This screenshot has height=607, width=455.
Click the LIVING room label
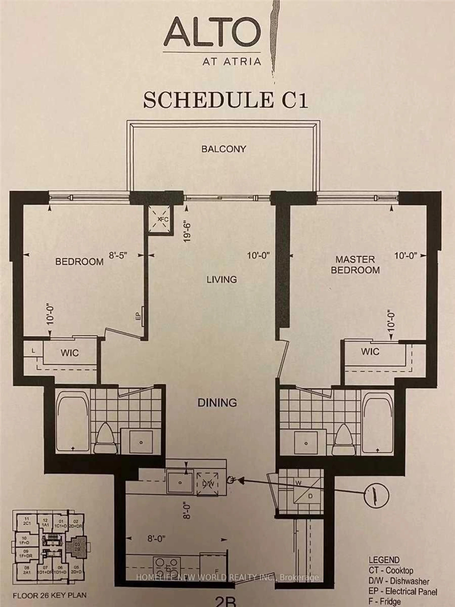pos(222,279)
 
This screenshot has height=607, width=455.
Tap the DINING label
pos(217,403)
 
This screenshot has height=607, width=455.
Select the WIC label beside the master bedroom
pos(370,352)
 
